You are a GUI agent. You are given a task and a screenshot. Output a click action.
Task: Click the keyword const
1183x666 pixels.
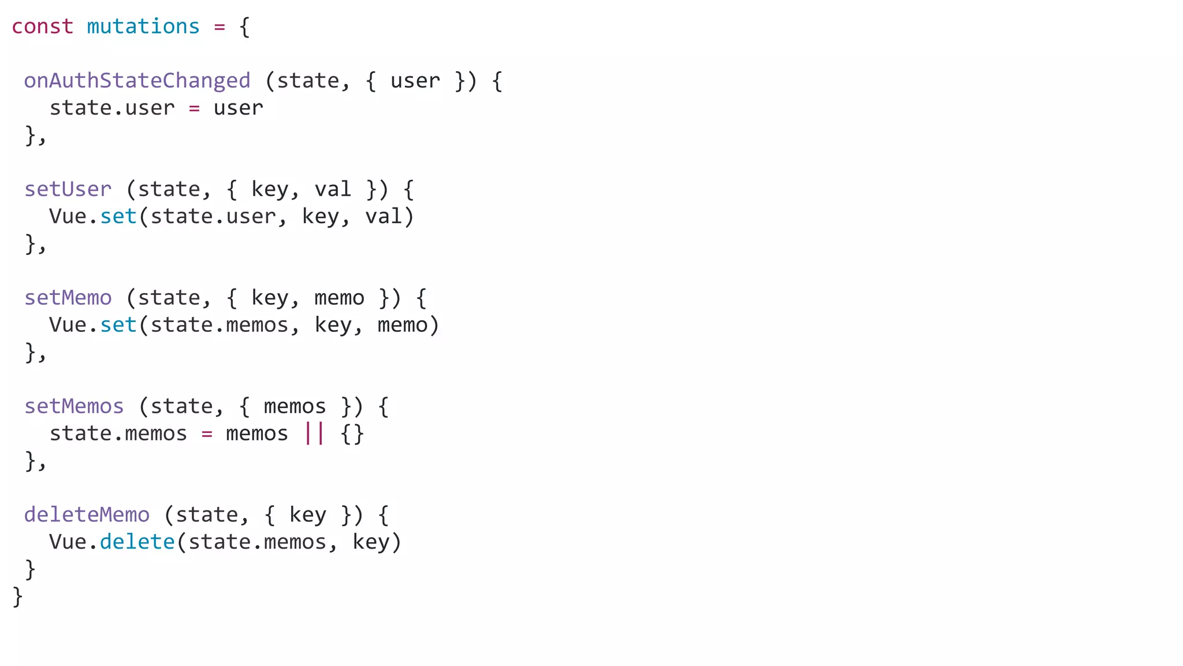coord(42,27)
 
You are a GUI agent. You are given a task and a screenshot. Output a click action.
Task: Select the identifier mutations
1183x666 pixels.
coord(143,27)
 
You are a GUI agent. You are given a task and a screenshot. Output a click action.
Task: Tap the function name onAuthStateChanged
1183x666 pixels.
coord(137,81)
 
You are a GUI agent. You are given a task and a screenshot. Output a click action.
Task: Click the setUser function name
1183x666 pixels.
coord(68,190)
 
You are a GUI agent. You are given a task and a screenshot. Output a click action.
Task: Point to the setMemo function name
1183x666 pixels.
coord(68,298)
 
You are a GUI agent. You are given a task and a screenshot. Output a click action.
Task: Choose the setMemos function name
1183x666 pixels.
coord(74,406)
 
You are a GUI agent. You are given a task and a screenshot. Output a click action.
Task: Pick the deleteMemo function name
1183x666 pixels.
coord(87,515)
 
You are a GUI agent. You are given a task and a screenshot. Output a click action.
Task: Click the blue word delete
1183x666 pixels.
coord(137,542)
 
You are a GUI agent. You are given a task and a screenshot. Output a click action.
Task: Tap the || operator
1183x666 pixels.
coord(314,434)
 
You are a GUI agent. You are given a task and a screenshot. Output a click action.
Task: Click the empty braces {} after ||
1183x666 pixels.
coord(352,434)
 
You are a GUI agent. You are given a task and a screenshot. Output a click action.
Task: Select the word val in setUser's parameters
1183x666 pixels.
coord(333,190)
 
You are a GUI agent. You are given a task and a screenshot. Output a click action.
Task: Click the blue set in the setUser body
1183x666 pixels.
coord(118,217)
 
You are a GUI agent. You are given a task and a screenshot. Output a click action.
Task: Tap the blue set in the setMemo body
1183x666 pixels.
coord(118,325)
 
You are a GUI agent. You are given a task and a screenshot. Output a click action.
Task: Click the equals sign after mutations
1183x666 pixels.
coord(220,27)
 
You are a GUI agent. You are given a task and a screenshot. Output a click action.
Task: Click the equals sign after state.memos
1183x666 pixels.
coord(207,434)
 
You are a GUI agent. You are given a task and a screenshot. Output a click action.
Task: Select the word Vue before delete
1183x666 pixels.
coord(68,542)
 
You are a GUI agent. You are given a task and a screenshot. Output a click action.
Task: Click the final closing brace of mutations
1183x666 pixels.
coord(17,596)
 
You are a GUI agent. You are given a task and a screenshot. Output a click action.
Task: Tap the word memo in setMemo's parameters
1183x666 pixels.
coord(339,298)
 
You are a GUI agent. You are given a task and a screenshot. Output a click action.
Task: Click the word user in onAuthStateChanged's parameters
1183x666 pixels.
coord(415,81)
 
